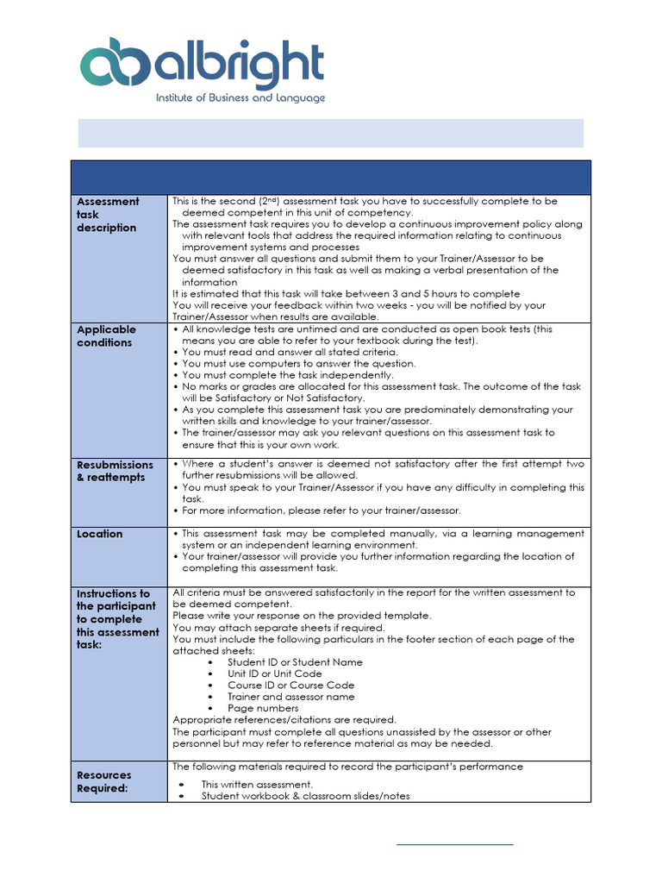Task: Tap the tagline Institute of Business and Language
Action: [240, 98]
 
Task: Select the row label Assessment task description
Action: [108, 215]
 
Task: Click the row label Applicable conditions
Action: [106, 335]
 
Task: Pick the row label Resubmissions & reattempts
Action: [115, 471]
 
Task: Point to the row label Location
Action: [100, 534]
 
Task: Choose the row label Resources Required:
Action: [104, 781]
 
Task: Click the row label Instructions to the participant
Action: [118, 617]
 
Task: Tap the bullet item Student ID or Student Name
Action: [295, 662]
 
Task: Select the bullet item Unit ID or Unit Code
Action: [274, 673]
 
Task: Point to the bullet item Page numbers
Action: [263, 708]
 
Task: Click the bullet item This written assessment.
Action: [257, 785]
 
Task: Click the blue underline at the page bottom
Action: [454, 844]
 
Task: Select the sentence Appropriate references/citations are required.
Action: [284, 720]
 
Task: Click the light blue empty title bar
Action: [331, 134]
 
